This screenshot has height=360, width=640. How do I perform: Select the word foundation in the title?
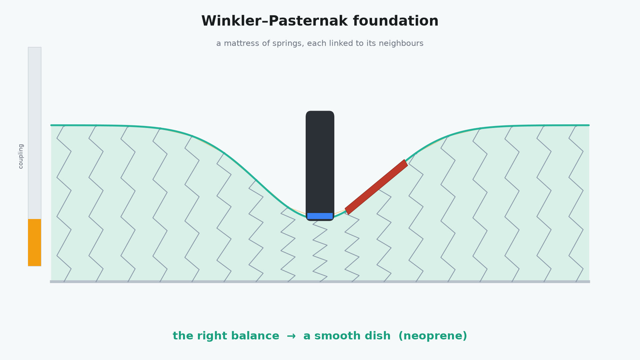pyautogui.click(x=396, y=21)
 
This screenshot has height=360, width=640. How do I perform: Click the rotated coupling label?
pyautogui.click(x=21, y=156)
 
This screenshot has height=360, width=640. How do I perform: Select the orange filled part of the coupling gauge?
pyautogui.click(x=35, y=242)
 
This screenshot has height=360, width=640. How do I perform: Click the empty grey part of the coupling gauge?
pyautogui.click(x=35, y=133)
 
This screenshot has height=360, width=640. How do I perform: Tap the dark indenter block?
pyautogui.click(x=320, y=162)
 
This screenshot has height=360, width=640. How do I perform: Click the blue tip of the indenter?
pyautogui.click(x=320, y=216)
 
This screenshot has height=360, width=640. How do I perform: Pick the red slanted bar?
pyautogui.click(x=376, y=187)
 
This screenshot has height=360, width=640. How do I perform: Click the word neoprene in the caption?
pyautogui.click(x=433, y=336)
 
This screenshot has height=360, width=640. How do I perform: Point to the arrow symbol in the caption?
pyautogui.click(x=291, y=336)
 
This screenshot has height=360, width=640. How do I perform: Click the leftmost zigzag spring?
pyautogui.click(x=64, y=204)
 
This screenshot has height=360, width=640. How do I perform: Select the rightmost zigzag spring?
pyautogui.click(x=576, y=204)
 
